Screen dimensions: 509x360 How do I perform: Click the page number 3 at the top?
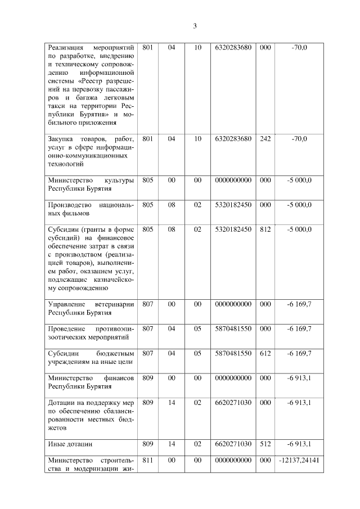[195, 25]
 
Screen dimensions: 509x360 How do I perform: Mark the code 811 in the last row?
[148, 460]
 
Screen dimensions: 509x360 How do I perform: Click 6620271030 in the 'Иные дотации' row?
[233, 444]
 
